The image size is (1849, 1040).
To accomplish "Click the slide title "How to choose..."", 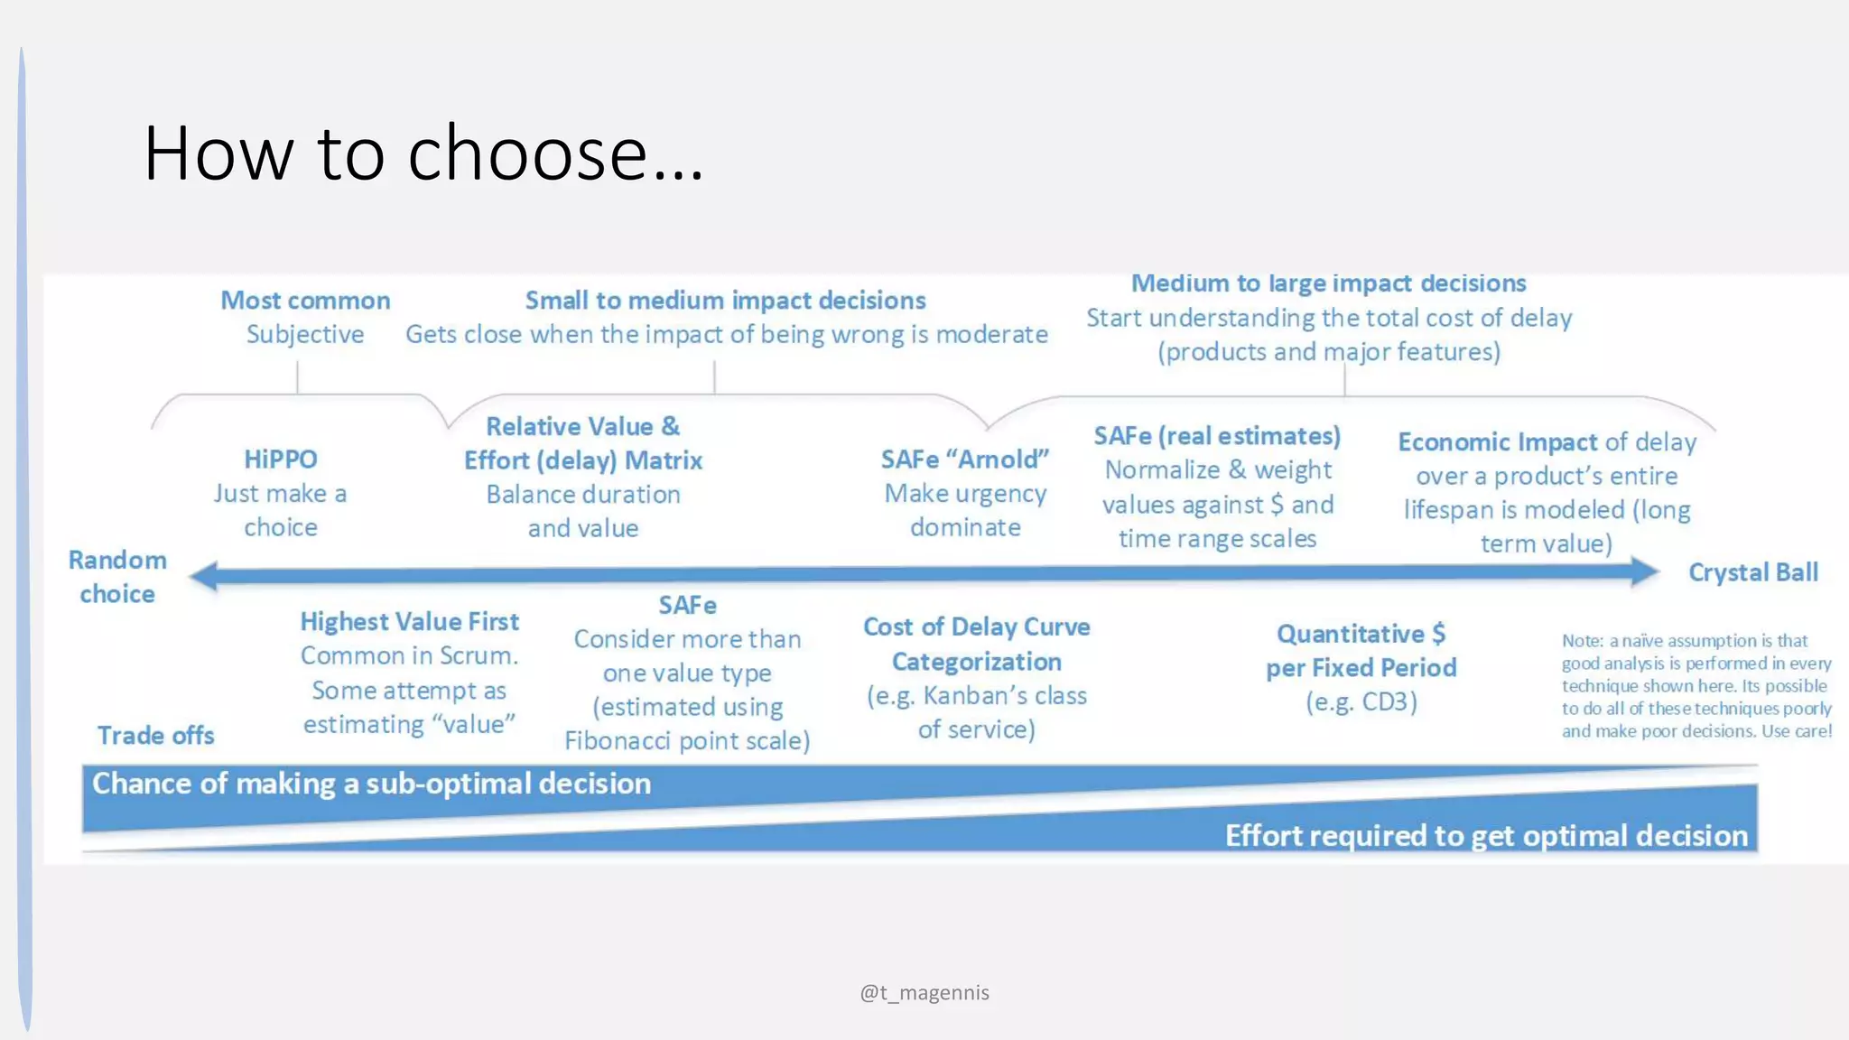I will tap(423, 153).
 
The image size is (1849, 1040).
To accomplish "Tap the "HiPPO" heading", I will tap(281, 460).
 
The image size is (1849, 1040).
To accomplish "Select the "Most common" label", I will tap(305, 301).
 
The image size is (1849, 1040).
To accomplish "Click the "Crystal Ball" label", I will tap(1752, 572).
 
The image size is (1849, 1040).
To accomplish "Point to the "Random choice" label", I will tap(117, 577).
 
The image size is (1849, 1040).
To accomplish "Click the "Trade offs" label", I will tap(156, 736).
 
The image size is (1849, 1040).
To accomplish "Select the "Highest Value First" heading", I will tap(410, 622).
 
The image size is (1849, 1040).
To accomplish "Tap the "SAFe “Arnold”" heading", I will tap(965, 460).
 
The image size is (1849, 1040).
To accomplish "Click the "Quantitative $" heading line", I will tap(1361, 634).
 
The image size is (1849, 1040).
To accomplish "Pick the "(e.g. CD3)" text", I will tap(1361, 701).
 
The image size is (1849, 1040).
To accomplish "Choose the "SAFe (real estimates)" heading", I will tap(1217, 436).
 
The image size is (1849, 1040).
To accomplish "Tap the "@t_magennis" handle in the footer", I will tap(924, 993).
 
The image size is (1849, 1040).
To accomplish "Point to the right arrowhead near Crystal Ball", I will tap(1644, 571).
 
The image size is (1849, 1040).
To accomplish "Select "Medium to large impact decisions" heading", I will tap(1328, 283).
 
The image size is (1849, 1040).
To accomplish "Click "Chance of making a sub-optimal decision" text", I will tap(371, 784).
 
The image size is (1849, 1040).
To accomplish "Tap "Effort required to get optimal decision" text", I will tap(1486, 836).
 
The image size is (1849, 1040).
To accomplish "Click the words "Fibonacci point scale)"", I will tap(687, 741).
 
